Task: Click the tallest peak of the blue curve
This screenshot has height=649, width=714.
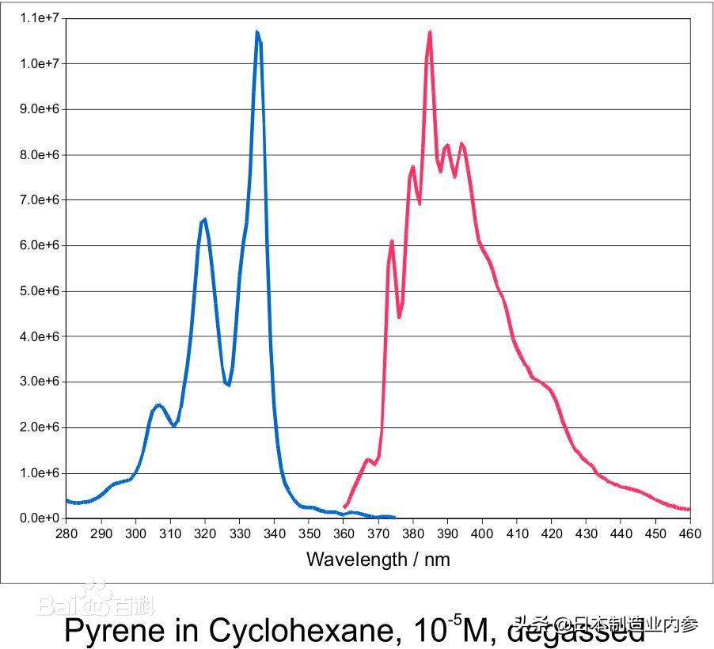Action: pos(257,32)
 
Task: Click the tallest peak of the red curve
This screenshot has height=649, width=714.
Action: pos(430,32)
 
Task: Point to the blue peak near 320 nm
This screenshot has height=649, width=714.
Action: pos(205,219)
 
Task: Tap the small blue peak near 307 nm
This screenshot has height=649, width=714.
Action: pos(159,405)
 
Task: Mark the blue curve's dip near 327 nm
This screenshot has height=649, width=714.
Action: pos(228,385)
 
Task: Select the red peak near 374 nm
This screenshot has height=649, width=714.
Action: pos(392,241)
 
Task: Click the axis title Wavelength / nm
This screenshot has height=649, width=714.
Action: pos(378,560)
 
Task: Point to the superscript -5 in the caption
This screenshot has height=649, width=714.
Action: pos(457,618)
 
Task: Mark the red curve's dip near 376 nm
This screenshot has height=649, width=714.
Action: pos(399,317)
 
